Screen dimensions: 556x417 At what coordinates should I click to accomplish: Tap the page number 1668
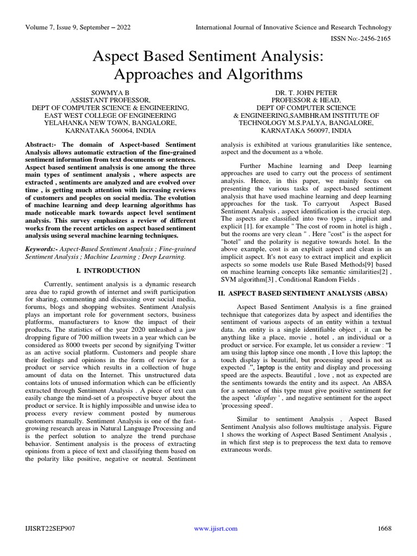[x=384, y=528]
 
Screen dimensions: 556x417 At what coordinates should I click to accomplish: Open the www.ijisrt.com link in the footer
[x=216, y=529]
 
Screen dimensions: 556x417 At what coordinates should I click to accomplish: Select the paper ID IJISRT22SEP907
[x=49, y=528]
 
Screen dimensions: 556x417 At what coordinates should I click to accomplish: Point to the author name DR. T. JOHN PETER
[x=306, y=93]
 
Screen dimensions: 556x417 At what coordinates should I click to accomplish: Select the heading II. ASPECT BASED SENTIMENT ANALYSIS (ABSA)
[x=302, y=294]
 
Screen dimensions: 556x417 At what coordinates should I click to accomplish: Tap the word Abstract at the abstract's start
[x=41, y=145]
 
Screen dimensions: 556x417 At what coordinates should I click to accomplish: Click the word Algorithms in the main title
[x=261, y=73]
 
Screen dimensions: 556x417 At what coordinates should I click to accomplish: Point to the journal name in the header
[x=293, y=27]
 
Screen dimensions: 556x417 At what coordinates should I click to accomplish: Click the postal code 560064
[x=121, y=131]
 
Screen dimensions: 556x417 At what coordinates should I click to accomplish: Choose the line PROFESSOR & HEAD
[x=306, y=100]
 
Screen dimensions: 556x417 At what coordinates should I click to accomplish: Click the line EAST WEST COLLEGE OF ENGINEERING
[x=110, y=116]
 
